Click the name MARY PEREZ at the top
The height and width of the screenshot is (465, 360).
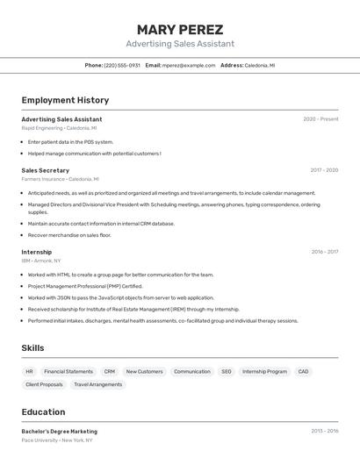click(x=180, y=30)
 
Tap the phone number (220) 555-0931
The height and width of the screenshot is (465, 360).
click(x=122, y=65)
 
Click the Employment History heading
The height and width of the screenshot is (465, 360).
click(x=65, y=100)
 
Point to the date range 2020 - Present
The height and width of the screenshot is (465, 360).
click(x=320, y=119)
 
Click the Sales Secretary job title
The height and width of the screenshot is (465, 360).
click(x=46, y=170)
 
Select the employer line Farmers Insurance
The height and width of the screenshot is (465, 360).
click(x=60, y=179)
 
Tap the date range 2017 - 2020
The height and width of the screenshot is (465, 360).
click(x=324, y=170)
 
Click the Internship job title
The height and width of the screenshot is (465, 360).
click(x=37, y=252)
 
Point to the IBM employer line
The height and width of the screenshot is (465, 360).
click(x=41, y=261)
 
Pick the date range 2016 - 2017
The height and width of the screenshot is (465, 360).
click(x=325, y=252)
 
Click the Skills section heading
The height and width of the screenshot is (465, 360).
click(x=33, y=348)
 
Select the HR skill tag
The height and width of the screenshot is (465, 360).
click(x=29, y=371)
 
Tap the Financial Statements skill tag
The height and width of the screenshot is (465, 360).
click(x=68, y=371)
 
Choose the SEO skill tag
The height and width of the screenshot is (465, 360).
click(x=227, y=371)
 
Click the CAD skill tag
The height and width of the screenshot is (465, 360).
click(x=303, y=371)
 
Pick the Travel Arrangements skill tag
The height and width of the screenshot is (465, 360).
click(x=98, y=384)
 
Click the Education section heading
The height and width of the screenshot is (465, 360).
click(x=43, y=412)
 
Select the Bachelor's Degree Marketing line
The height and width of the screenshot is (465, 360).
click(x=60, y=432)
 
